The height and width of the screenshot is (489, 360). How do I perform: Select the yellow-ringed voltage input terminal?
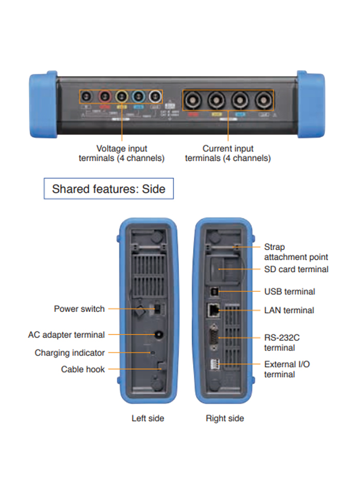(121, 96)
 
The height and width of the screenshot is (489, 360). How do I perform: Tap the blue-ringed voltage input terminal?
(138, 96)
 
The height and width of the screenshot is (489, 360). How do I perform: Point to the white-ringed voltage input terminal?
(154, 96)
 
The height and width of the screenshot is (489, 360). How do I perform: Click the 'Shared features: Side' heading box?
(109, 189)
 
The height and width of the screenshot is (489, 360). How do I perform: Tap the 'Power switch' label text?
(79, 309)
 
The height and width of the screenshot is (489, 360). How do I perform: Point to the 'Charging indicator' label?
(69, 353)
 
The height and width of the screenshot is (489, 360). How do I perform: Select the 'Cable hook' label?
(83, 369)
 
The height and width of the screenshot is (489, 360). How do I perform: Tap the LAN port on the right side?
(213, 309)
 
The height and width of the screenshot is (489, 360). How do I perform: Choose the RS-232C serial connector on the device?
(213, 338)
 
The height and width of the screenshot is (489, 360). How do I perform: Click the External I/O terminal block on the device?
(213, 364)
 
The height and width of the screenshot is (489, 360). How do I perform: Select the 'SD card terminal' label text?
(296, 269)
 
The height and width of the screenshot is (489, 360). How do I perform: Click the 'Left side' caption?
(148, 418)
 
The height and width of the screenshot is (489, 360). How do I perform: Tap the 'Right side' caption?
(225, 418)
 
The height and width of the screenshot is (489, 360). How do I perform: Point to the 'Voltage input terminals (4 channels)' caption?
(121, 153)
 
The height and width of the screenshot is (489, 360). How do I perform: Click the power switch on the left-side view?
(156, 309)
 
